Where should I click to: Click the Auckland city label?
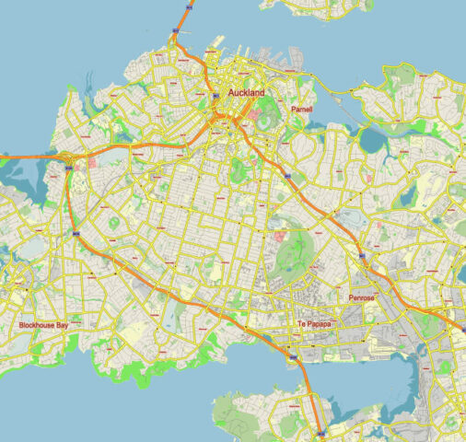[239, 94]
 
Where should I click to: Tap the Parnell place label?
[301, 110]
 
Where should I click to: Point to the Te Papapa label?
[314, 324]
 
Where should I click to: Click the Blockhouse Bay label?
[44, 326]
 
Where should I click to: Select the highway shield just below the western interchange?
[72, 172]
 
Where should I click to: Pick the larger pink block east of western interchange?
[92, 162]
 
